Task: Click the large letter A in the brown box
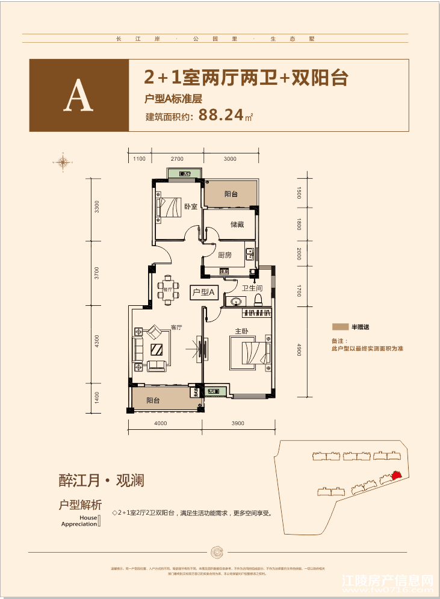[x=79, y=96]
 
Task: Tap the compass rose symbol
[x=62, y=161]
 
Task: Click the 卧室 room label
[x=191, y=206]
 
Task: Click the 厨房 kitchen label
[x=225, y=255]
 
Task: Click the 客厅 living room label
[x=176, y=327]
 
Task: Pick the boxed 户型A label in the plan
[x=203, y=293]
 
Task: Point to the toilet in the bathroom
[x=259, y=298]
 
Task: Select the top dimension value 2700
[x=176, y=158]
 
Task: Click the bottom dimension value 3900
[x=237, y=424]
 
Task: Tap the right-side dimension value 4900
[x=297, y=349]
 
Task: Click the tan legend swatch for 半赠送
[x=340, y=327]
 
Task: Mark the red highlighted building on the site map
[x=395, y=475]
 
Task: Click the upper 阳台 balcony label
[x=231, y=194]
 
